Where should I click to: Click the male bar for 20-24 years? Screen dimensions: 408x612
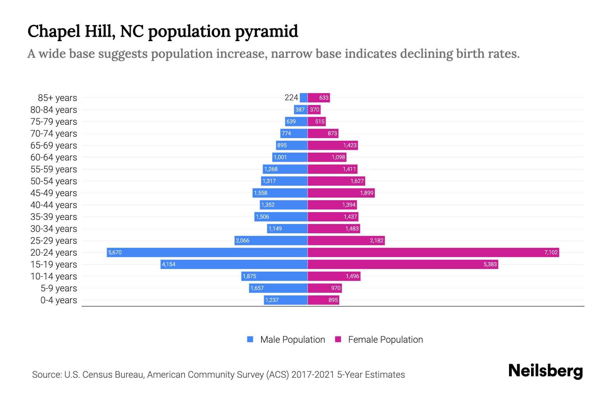(207, 252)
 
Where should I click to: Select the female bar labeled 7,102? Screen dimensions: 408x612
(433, 252)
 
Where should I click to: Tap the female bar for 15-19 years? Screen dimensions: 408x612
(403, 264)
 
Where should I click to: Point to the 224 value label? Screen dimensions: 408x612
(291, 98)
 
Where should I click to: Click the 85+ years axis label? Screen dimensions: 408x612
(57, 98)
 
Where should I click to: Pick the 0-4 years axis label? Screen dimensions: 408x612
(58, 300)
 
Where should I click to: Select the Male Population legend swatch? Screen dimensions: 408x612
(250, 339)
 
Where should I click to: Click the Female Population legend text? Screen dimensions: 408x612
(385, 340)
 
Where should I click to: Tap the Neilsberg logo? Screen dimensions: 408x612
(545, 371)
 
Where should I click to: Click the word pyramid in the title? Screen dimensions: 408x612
(266, 32)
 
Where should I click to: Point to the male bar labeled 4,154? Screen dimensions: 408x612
(234, 264)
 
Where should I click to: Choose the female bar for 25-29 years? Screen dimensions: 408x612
(346, 240)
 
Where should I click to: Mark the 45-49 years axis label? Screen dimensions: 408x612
(54, 193)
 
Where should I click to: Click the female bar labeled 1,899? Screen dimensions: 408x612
(341, 193)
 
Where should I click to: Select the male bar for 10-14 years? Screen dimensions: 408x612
(274, 276)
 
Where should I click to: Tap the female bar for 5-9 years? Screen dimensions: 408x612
(325, 288)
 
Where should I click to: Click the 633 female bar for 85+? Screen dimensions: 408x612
(319, 98)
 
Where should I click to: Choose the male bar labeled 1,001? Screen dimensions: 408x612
(290, 157)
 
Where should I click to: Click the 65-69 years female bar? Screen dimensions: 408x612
(333, 145)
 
